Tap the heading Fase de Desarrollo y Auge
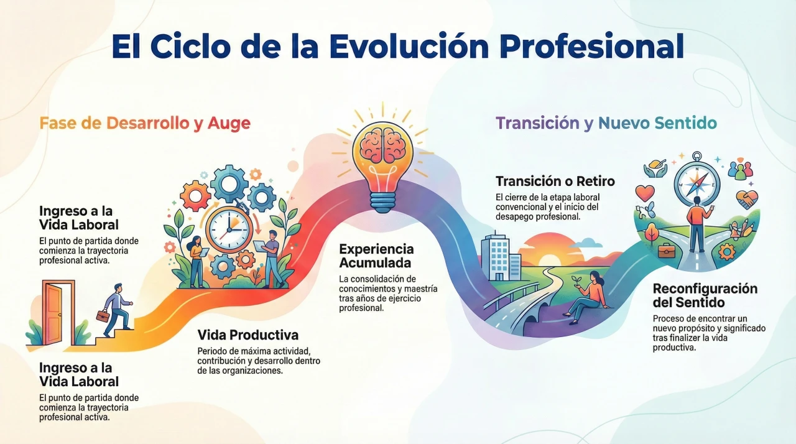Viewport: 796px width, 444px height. [145, 123]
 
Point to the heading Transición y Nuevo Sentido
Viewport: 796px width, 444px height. [606, 123]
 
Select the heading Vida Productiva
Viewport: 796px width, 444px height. [248, 335]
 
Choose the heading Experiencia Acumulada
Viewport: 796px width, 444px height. [376, 255]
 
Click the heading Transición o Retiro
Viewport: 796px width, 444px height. [555, 181]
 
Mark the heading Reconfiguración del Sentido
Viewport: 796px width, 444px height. [705, 296]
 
